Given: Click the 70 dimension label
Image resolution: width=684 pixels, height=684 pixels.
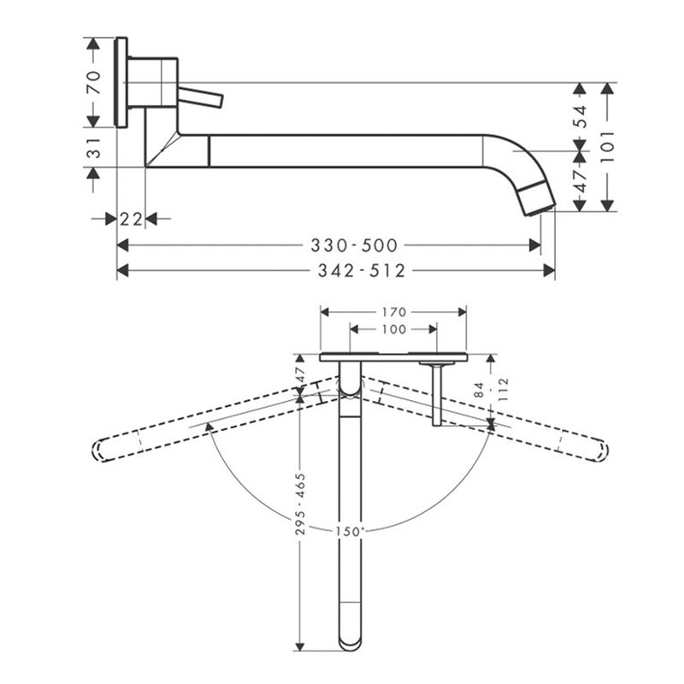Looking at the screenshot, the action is [x=94, y=82].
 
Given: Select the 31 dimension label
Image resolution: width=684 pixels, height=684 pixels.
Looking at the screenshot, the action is [x=94, y=147].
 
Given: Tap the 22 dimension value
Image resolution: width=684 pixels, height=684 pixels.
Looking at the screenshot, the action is [x=132, y=219].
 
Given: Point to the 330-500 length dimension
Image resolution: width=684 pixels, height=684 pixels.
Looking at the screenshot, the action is [x=354, y=245].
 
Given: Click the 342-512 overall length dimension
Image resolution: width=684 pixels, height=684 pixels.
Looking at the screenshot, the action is [x=362, y=271].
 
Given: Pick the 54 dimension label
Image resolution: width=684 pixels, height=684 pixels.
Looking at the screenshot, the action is [x=581, y=116].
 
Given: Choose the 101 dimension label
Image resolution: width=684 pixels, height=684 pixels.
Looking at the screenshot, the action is [x=607, y=146].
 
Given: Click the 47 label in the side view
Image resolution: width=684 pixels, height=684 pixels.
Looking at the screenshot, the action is [x=581, y=181].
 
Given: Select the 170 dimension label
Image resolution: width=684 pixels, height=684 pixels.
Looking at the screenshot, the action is [x=394, y=312].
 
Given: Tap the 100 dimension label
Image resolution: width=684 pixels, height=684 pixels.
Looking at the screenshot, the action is [x=394, y=329].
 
